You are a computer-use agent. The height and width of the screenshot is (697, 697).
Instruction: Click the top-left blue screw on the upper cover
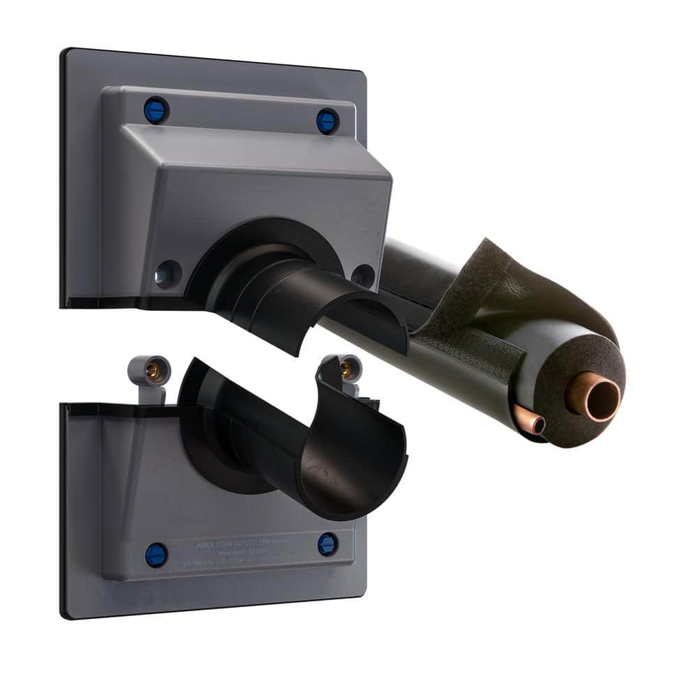156,110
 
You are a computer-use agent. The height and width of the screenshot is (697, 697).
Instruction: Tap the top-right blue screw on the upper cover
327,121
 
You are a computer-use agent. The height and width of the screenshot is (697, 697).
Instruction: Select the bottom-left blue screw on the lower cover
156,555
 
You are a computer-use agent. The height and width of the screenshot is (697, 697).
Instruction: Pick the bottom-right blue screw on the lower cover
328,544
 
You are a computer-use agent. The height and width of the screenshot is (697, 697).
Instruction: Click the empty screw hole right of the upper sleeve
362,275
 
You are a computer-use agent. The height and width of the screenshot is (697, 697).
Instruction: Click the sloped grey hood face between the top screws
244,143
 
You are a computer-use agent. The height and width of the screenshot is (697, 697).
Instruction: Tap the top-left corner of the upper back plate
66,52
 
